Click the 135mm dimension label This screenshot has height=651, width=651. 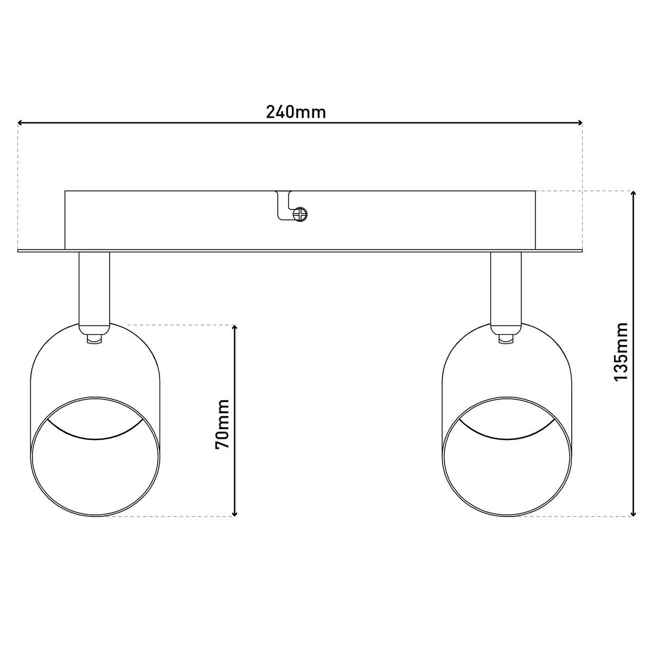pos(620,352)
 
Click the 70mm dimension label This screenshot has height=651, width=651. pos(222,424)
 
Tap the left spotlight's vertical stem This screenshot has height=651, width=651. pos(94,288)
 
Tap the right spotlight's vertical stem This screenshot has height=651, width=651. pos(506,288)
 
